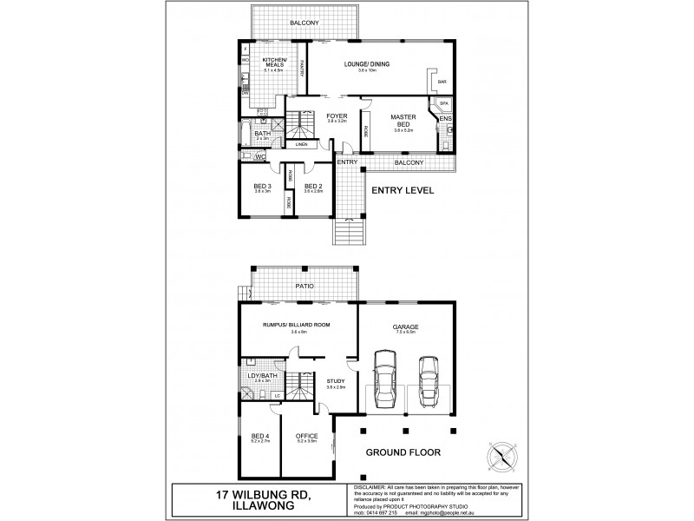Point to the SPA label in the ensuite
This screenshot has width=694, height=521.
click(443, 103)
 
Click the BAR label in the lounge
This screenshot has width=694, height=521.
click(442, 82)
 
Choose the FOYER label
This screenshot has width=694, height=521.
click(337, 115)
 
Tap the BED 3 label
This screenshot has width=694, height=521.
click(263, 185)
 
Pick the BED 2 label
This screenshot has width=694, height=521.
click(314, 185)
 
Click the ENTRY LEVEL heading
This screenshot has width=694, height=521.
click(403, 189)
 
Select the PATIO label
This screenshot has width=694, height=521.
click(303, 285)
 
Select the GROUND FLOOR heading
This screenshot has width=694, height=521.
click(404, 452)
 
